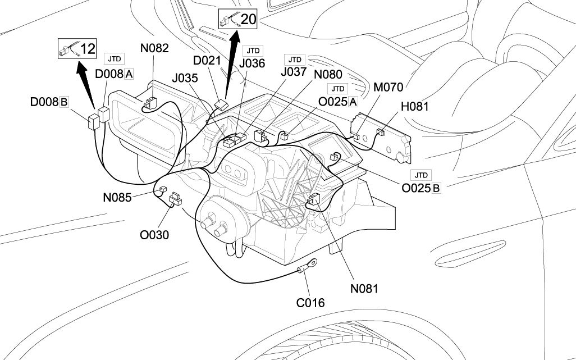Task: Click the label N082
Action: [154, 48]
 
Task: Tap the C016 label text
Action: [310, 303]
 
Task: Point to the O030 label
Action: [154, 234]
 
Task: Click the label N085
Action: [117, 198]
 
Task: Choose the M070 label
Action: [388, 88]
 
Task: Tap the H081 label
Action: [415, 106]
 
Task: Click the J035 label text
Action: [186, 78]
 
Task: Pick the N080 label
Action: [328, 74]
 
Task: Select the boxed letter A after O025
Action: [353, 102]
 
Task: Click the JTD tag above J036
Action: [254, 50]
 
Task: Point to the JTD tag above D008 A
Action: [114, 59]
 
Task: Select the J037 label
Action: [294, 72]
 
